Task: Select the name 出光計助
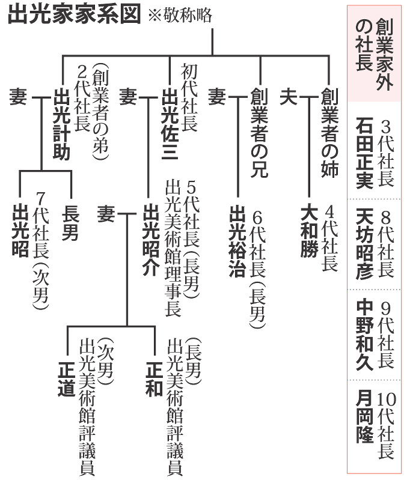(x=63, y=123)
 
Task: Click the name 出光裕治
(x=237, y=240)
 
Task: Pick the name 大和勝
(x=309, y=231)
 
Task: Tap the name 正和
(x=154, y=378)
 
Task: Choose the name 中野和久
(x=364, y=333)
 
